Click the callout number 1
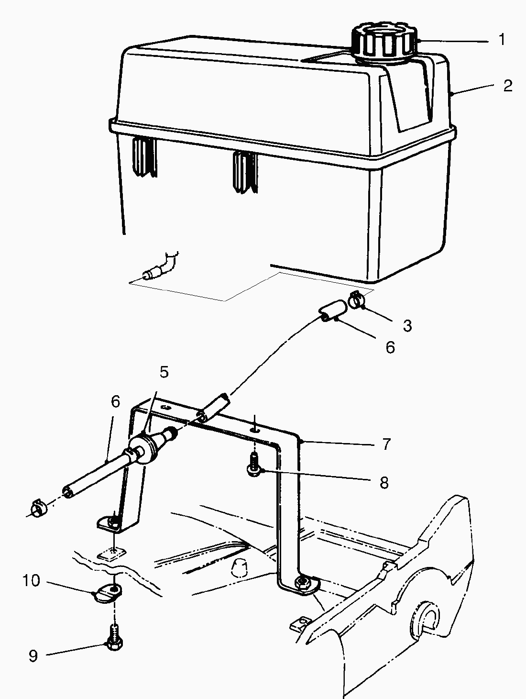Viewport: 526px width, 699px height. click(x=502, y=40)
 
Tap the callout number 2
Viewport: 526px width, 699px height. click(x=508, y=86)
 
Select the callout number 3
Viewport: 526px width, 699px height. click(x=407, y=325)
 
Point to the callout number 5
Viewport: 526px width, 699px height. click(x=164, y=372)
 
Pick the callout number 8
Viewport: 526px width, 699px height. click(x=384, y=483)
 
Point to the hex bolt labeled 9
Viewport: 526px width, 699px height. click(x=114, y=638)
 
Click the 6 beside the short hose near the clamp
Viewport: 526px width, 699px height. click(x=390, y=347)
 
